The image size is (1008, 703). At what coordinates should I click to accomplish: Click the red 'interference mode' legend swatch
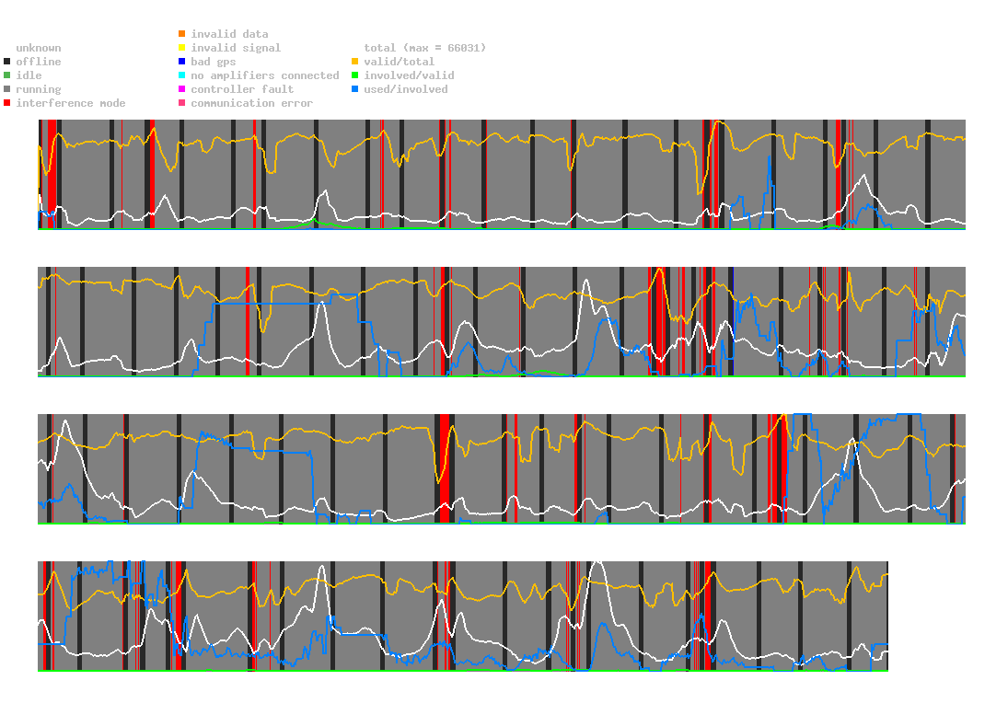[6, 103]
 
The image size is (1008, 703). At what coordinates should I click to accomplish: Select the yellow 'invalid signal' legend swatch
[181, 48]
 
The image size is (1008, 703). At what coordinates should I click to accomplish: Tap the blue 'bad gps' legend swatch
[181, 62]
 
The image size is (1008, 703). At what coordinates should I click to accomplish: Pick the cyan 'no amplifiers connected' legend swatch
[181, 75]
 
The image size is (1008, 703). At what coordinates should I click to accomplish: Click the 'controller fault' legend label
[242, 89]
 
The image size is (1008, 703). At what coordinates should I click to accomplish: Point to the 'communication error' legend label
[251, 103]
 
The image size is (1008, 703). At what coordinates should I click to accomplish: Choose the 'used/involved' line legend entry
[406, 89]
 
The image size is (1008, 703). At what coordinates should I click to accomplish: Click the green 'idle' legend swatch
[6, 75]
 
